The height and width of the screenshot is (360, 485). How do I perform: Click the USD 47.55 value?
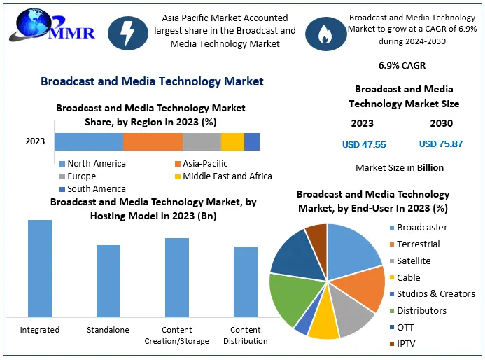coord(363,144)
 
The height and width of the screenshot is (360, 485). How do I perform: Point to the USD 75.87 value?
coord(441,144)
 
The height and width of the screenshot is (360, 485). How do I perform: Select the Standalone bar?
coord(108,281)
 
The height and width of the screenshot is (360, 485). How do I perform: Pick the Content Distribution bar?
coord(246,282)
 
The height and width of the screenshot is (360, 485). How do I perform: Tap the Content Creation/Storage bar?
coord(177,277)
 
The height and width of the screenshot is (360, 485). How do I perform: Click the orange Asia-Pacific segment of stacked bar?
coord(153,141)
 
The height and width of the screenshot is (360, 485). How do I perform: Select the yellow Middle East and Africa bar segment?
coord(232,141)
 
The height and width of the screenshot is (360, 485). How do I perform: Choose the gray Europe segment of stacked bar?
coord(202,141)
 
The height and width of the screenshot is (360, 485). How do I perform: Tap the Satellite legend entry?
coord(414,261)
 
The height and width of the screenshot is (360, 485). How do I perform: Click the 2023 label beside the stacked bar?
coord(35,141)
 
